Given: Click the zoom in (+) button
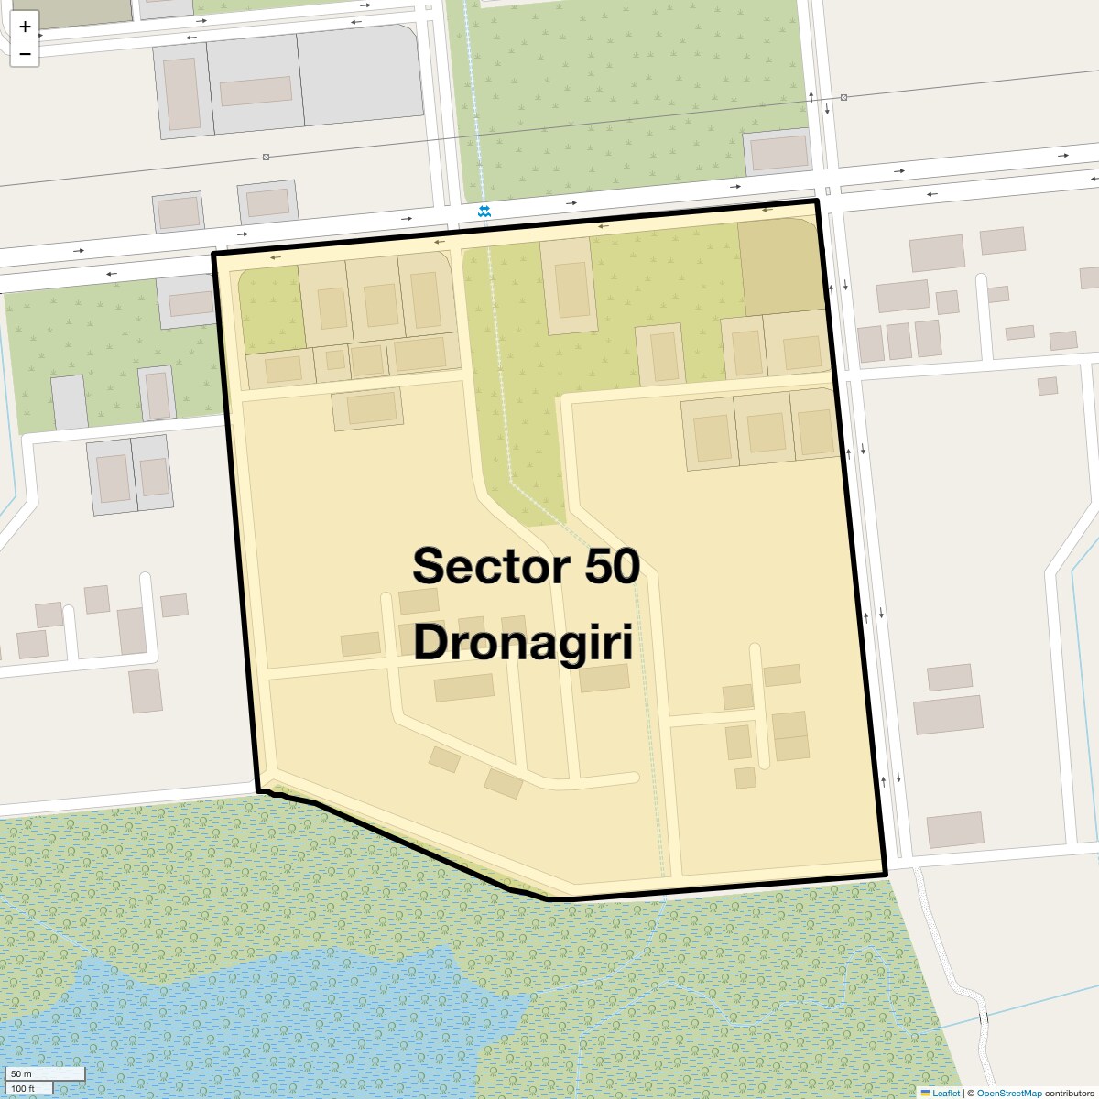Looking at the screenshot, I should tap(25, 27).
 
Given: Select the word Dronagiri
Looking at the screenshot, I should tap(523, 642).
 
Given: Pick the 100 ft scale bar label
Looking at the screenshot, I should tap(24, 1088).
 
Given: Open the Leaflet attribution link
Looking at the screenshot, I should tap(946, 1093).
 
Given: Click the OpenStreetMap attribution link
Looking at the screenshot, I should tap(1008, 1093).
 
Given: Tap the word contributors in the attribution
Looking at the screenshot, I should tap(1069, 1093).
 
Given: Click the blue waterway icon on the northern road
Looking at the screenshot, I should tap(484, 212).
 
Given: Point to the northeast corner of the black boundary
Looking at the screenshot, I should tap(815, 201).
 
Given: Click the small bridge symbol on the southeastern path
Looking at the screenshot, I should tap(985, 1020).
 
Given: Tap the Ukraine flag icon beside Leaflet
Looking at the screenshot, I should tap(925, 1093).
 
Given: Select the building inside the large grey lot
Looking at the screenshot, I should tap(256, 92).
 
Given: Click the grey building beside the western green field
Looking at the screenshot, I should tap(69, 402).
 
